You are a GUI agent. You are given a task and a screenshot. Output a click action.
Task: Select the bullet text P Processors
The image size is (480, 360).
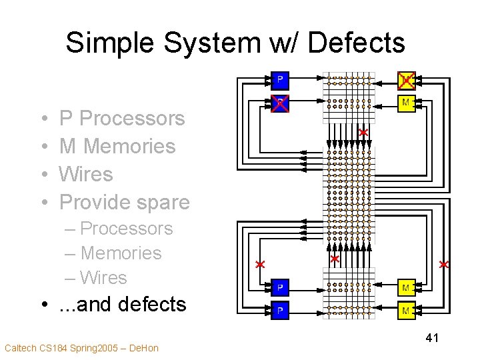[x=122, y=118]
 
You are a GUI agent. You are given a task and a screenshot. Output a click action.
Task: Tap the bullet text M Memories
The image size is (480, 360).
[x=117, y=146]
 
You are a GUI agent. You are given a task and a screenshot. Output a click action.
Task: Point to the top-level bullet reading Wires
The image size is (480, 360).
[x=86, y=174]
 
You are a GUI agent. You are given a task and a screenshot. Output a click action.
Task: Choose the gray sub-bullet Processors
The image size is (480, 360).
[x=126, y=229]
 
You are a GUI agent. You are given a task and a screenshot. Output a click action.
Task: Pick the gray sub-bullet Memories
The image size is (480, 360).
[x=121, y=253]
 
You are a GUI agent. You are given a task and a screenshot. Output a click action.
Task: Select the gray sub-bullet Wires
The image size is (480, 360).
[x=103, y=277]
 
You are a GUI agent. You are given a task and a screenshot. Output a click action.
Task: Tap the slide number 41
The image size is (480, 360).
[x=431, y=339]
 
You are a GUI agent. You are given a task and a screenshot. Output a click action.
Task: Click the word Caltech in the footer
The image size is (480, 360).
[x=21, y=348]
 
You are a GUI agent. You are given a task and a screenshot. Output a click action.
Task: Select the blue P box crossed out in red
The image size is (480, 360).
[x=281, y=103]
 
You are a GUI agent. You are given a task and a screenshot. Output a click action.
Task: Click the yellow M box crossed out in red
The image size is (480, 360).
[x=406, y=80]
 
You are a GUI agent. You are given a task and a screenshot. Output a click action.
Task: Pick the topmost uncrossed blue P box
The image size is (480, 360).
[x=281, y=80]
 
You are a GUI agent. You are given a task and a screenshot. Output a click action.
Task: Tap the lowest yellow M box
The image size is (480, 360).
[x=406, y=311]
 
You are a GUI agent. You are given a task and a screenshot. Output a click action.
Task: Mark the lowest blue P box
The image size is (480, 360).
[x=281, y=311]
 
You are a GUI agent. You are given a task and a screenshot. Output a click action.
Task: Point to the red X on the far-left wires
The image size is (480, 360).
[x=261, y=265]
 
